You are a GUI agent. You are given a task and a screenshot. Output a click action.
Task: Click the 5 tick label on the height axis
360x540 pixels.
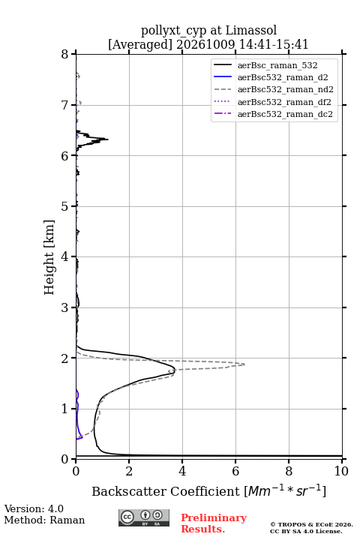65,206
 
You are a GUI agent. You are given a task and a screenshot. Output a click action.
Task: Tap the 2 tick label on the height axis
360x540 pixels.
65,358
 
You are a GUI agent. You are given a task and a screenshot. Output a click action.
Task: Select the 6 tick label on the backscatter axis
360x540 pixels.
235,471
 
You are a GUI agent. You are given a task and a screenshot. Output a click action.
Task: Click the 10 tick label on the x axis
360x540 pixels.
341,471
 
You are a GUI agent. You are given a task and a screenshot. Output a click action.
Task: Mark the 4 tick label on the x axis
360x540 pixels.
182,471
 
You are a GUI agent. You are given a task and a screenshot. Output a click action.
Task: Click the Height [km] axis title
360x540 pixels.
49,257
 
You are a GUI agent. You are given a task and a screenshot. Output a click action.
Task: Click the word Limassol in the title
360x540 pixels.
251,31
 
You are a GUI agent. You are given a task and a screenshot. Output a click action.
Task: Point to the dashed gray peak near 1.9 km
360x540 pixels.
244,364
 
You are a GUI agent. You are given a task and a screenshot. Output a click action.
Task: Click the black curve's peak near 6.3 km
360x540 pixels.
108,139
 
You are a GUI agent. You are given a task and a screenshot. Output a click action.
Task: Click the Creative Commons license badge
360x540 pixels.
144,517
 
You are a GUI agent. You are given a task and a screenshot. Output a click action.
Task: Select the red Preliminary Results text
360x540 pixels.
214,523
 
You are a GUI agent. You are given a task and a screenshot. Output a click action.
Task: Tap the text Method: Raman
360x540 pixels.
44,520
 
